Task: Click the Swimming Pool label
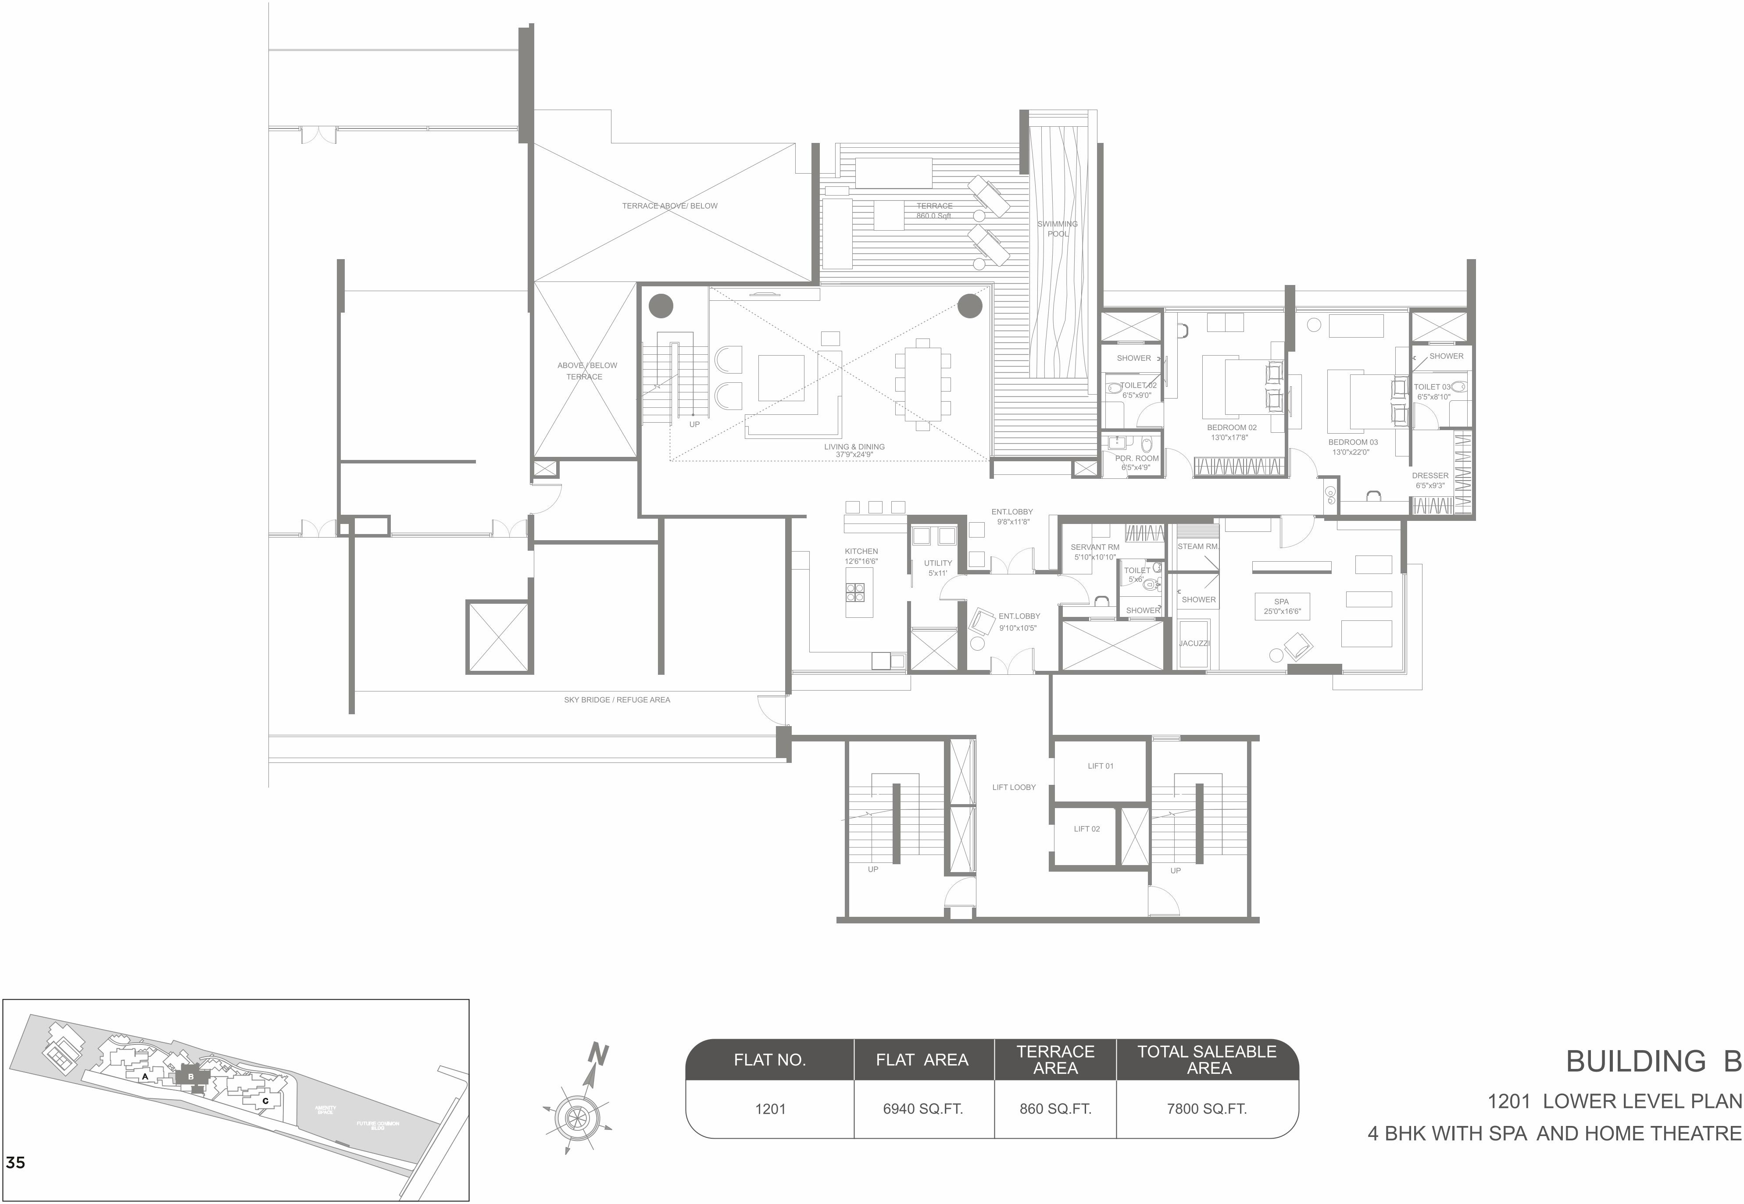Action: coord(1057,228)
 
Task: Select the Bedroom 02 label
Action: coord(1232,431)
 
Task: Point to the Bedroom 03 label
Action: coord(1352,447)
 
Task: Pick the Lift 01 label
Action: coord(1100,766)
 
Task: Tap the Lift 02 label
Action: coord(1086,828)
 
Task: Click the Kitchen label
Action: coord(861,555)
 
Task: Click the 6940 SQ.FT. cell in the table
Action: coord(922,1109)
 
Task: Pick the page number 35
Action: coord(15,1162)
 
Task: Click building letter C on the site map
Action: coord(265,1101)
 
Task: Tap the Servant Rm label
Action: coord(1094,552)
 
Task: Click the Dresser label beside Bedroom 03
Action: coord(1430,480)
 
